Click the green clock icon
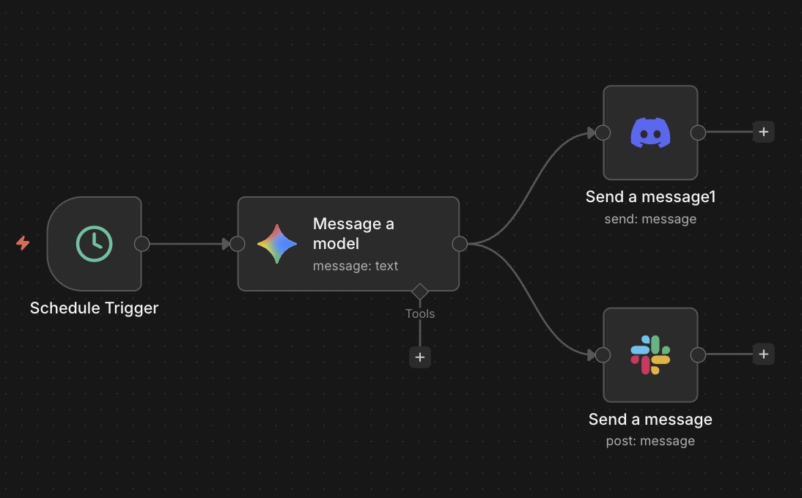95,244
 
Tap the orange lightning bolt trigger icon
23,243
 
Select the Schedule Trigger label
94,308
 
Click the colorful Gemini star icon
277,244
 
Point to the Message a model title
353,233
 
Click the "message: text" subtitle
356,266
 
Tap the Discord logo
650,133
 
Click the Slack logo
650,355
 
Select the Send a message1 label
650,196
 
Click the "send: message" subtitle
650,218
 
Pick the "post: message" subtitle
650,441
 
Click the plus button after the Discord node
763,133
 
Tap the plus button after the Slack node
763,354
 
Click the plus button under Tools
420,357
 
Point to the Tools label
420,313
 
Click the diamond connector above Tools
420,291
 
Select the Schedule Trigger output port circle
142,244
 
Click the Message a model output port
460,244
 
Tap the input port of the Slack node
603,355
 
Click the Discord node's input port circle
603,133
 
